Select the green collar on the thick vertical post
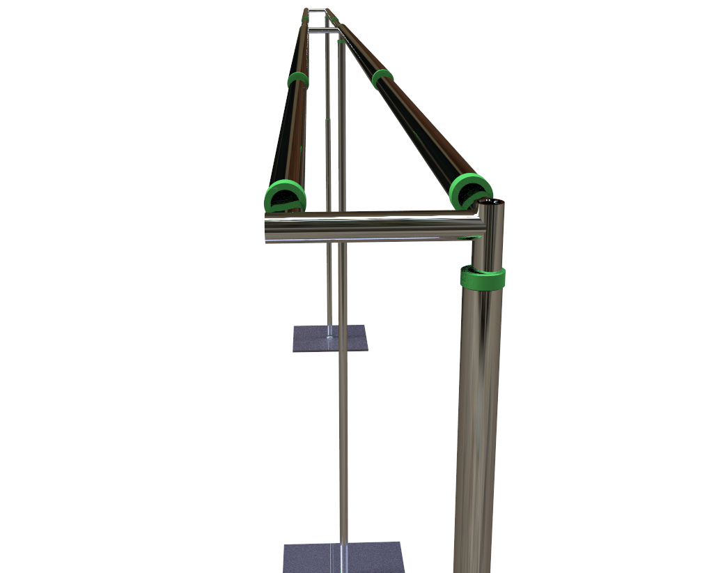(482, 278)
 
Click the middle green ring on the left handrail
(298, 80)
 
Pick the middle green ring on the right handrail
(382, 78)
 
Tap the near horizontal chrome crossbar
(369, 225)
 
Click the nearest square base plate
(343, 557)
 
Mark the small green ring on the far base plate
(329, 336)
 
